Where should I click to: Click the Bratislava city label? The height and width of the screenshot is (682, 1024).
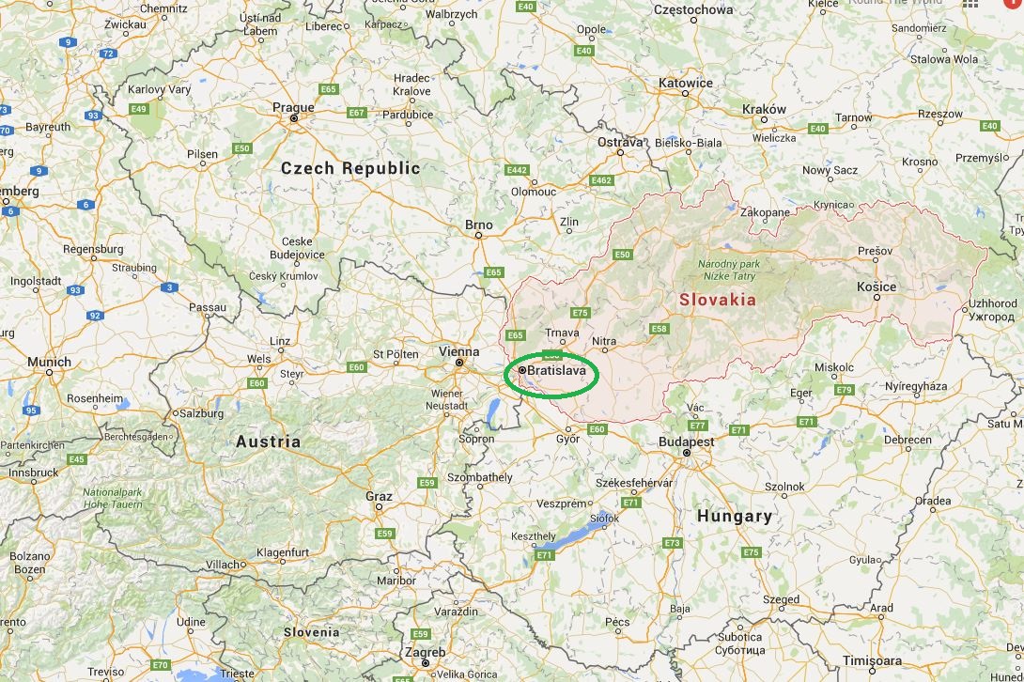557,371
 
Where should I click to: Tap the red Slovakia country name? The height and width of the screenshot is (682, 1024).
717,300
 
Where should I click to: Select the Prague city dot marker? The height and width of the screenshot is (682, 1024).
294,118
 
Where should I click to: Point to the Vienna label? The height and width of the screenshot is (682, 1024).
458,351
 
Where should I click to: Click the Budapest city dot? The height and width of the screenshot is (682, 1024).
687,453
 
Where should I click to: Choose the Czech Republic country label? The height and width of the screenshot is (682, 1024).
350,168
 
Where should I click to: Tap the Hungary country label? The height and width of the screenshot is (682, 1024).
735,516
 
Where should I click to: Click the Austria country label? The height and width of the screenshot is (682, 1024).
269,442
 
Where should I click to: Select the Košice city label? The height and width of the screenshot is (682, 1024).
877,287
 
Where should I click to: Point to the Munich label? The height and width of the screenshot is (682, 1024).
50,362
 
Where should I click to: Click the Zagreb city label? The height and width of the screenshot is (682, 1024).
426,653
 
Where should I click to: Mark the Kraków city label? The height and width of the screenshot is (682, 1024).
764,109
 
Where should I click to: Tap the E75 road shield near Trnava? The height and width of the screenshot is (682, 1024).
580,313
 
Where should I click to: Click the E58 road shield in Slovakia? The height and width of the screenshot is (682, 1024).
659,329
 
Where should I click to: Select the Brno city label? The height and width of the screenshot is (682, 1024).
478,225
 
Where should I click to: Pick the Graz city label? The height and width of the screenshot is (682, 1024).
379,496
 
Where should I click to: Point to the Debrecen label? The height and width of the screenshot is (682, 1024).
908,440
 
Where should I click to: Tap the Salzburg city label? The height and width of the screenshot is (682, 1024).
202,413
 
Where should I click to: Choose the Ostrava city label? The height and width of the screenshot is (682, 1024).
621,142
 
